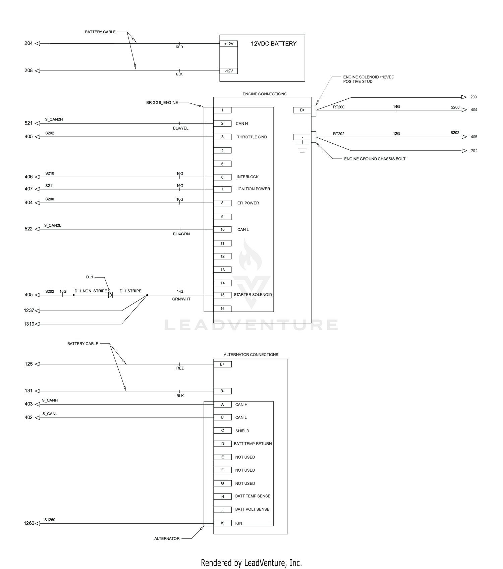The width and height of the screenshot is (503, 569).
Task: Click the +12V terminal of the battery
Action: [x=229, y=44]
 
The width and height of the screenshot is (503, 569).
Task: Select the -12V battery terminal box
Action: [x=229, y=71]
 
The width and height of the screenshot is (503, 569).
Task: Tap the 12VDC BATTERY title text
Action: [x=274, y=44]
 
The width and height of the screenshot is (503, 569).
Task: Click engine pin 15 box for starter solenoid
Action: [x=222, y=295]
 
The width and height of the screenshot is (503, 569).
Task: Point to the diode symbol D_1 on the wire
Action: [x=110, y=295]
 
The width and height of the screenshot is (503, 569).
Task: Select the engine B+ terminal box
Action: [x=302, y=110]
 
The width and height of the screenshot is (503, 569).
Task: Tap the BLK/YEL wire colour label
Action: [x=181, y=128]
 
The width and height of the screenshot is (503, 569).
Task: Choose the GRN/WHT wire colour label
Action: [x=181, y=299]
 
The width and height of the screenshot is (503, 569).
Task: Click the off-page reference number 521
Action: [x=29, y=123]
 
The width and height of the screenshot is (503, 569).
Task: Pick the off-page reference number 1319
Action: [x=29, y=324]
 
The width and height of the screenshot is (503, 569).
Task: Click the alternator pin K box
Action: [x=222, y=523]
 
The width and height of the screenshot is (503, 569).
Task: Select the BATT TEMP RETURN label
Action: [x=253, y=444]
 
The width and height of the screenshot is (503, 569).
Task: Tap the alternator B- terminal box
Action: [x=222, y=391]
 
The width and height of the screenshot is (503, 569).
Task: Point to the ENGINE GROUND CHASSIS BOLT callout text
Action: [x=375, y=159]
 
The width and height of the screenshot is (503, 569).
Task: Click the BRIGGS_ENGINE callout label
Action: [x=162, y=103]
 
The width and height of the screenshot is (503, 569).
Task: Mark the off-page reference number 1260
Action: [x=29, y=523]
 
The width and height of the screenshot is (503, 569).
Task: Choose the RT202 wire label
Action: [x=339, y=134]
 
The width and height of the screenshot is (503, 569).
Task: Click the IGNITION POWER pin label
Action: [x=254, y=189]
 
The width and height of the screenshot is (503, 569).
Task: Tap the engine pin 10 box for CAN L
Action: [x=222, y=229]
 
